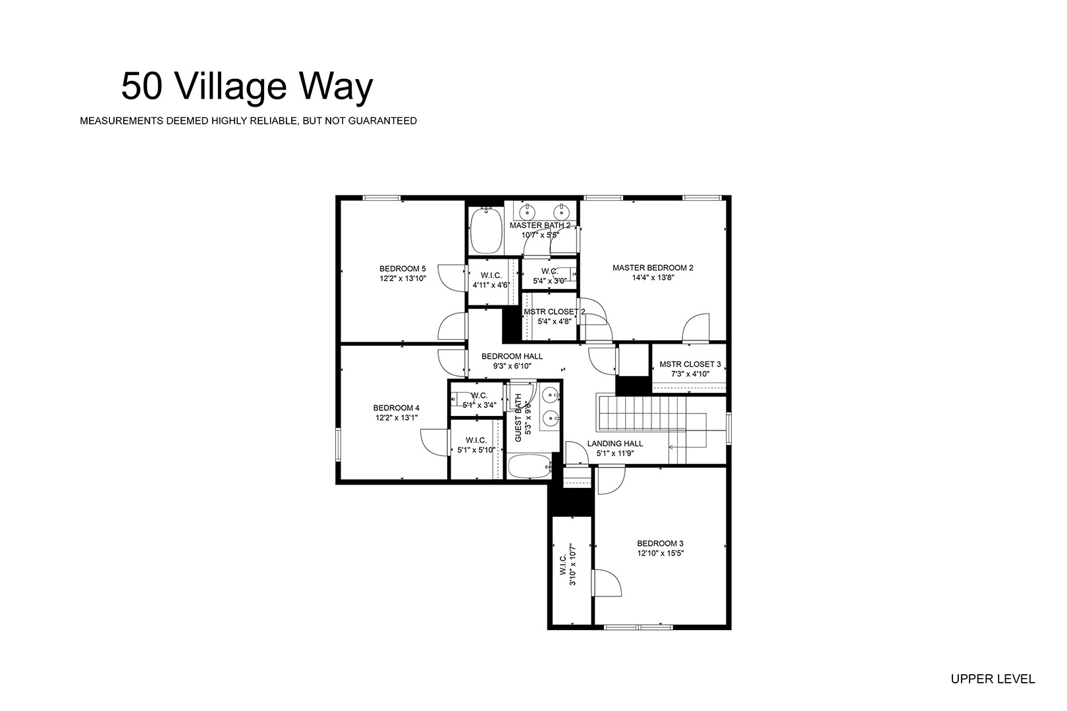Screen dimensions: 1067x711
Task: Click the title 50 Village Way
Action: point(247,87)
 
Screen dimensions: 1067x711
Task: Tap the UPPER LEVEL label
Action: point(993,679)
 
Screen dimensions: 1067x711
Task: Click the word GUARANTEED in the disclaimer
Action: point(383,121)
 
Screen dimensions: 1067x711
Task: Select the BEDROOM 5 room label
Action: point(402,269)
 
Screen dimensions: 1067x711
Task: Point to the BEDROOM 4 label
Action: point(397,408)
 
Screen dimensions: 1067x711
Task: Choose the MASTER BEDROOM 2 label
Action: point(653,268)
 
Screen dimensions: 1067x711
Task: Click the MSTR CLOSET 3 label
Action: point(690,364)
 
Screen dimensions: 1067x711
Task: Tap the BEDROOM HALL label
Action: point(512,356)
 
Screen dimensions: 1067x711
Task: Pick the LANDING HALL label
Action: point(615,443)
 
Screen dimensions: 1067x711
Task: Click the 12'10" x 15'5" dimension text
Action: point(661,554)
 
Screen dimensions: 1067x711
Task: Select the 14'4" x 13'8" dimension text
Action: point(653,278)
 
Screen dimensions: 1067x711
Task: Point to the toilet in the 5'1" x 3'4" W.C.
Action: point(460,398)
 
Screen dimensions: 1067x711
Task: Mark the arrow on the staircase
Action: point(687,447)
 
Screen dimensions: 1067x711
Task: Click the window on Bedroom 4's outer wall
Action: point(338,445)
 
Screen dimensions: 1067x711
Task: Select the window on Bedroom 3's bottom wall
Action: point(638,627)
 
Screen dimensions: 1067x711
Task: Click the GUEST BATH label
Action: point(518,417)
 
